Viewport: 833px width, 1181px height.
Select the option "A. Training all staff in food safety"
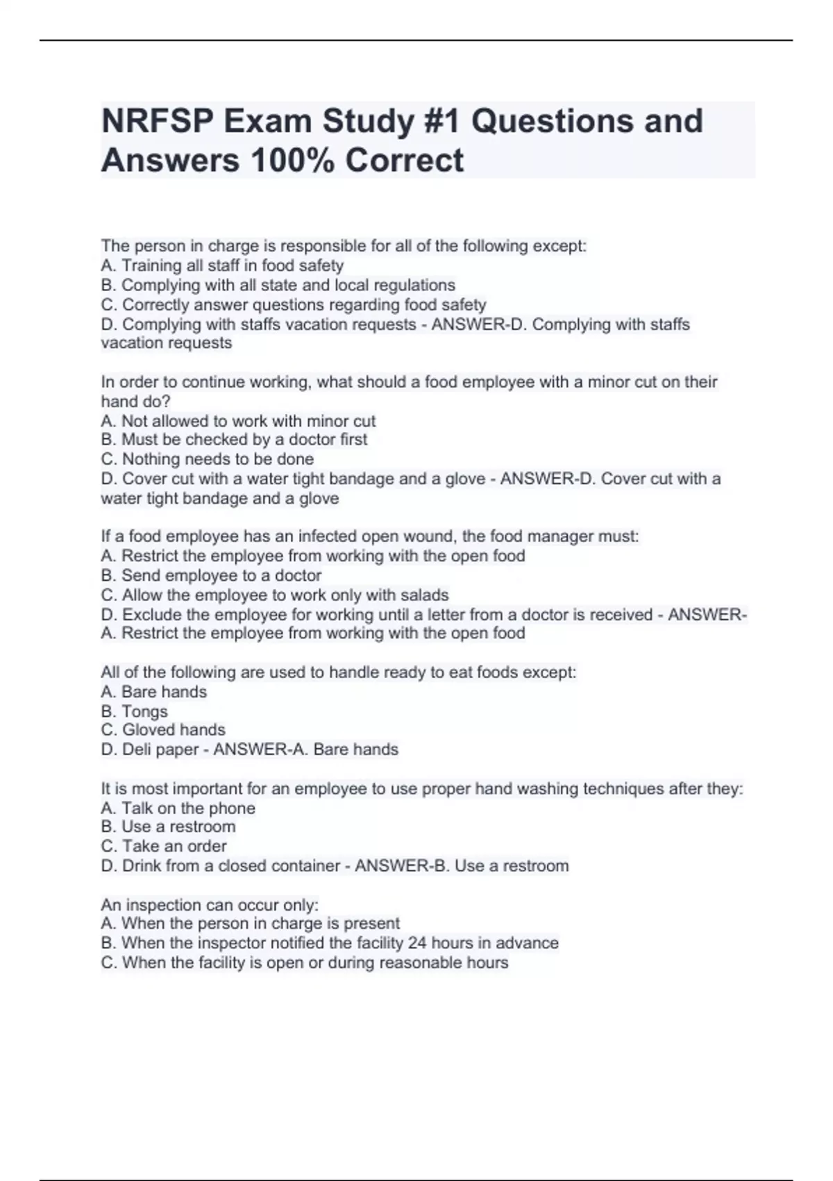(222, 265)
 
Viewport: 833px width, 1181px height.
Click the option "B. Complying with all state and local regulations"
(278, 285)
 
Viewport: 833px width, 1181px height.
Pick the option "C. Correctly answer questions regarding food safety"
(293, 304)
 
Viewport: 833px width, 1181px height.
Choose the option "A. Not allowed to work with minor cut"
(238, 421)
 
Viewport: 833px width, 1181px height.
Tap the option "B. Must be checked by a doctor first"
(234, 439)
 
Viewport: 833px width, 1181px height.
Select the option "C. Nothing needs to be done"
(207, 459)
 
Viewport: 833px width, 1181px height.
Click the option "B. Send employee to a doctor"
(211, 575)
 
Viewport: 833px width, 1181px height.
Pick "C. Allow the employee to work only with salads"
(275, 595)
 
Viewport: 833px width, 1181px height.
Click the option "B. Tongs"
(134, 711)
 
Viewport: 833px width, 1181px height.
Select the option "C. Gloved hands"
(163, 729)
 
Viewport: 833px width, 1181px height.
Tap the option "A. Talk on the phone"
(178, 808)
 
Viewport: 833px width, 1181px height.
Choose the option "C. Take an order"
(164, 846)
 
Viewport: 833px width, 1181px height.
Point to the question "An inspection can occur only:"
(210, 905)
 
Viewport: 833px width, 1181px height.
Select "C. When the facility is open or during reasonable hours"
(304, 962)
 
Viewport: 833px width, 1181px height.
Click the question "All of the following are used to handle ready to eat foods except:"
(338, 672)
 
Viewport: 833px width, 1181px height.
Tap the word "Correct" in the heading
(404, 160)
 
